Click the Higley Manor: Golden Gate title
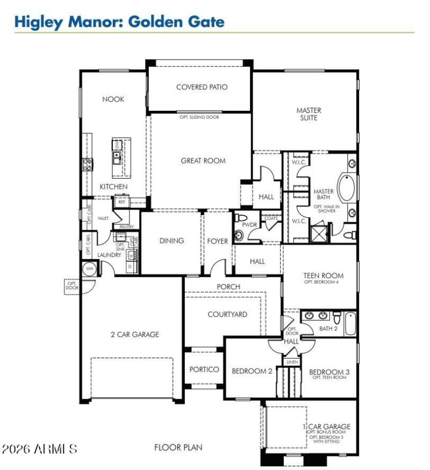click(119, 22)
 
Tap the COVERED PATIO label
click(202, 87)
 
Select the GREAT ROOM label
click(203, 160)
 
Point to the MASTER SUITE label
click(309, 114)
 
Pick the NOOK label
click(113, 99)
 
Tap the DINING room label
click(171, 241)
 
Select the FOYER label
click(218, 241)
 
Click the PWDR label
click(248, 225)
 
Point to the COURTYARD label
click(227, 314)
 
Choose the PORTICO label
click(204, 369)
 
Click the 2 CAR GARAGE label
click(135, 334)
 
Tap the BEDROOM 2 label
click(252, 371)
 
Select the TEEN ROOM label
click(323, 276)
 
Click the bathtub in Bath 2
click(350, 323)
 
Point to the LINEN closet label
click(292, 362)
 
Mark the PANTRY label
click(126, 227)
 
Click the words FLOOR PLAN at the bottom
click(178, 447)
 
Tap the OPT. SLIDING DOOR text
click(199, 117)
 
